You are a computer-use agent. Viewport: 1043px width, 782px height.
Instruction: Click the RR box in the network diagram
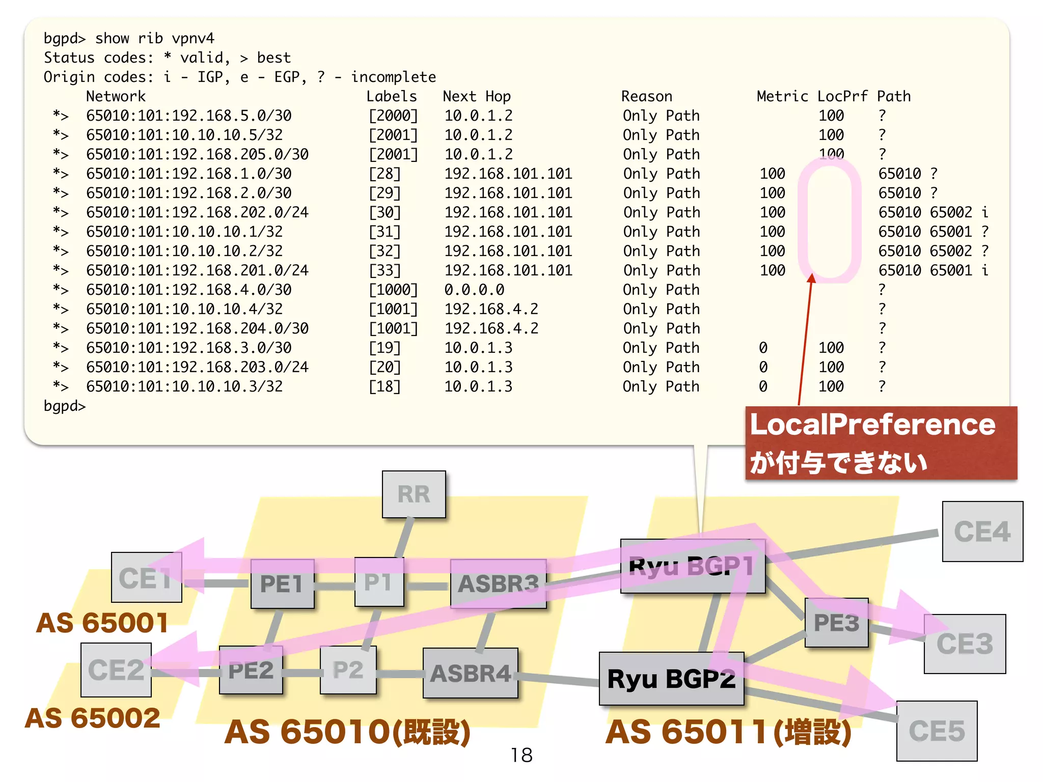[414, 494]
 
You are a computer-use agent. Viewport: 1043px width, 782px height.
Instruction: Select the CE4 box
[982, 532]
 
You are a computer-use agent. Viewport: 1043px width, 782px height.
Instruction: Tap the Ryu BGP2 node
[671, 679]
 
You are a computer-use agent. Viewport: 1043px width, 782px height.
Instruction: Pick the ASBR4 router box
[470, 673]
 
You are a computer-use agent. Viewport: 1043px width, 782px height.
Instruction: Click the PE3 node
[836, 623]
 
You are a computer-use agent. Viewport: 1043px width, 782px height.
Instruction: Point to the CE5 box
[937, 731]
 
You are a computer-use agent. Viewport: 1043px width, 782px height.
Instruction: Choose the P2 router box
[348, 670]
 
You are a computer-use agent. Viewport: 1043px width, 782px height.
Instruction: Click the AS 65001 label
[102, 623]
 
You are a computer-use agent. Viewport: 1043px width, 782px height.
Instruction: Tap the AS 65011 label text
[728, 732]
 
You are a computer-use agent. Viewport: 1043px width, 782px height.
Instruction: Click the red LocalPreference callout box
[881, 443]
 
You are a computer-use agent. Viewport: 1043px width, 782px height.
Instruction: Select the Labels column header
[391, 96]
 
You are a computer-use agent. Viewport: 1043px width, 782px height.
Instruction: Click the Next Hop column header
[476, 96]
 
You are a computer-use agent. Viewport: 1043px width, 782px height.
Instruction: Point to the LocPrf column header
[842, 96]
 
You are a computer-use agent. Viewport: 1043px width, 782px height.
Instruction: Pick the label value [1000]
[393, 290]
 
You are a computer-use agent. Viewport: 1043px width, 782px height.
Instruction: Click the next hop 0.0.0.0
[474, 290]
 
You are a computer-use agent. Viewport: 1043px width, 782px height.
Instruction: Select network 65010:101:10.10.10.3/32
[184, 386]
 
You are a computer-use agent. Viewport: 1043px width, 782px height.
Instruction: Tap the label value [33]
[385, 270]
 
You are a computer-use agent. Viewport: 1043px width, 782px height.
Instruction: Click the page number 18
[521, 755]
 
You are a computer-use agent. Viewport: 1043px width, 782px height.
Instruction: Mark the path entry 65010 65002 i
[933, 212]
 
